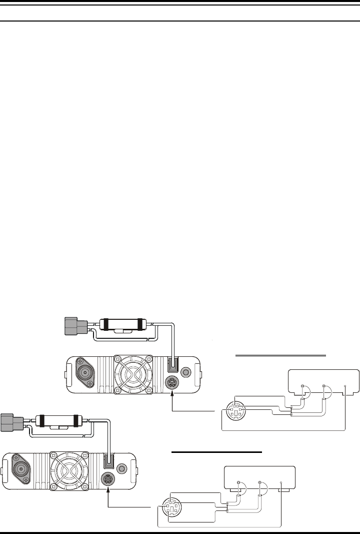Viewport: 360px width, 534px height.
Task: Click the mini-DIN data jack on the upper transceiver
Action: (171, 384)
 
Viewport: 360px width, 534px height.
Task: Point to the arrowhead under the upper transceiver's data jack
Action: (171, 395)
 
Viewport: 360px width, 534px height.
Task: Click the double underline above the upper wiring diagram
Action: (280, 355)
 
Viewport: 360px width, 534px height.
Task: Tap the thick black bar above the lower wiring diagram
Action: (217, 451)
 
